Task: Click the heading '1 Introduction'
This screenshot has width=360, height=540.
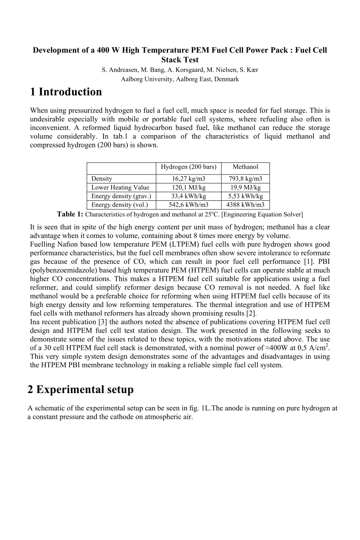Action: tap(64, 92)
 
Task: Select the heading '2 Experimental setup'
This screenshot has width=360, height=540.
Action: tap(80, 390)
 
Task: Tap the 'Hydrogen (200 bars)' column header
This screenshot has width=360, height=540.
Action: tap(188, 167)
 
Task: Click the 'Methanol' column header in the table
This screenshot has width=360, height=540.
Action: tap(245, 167)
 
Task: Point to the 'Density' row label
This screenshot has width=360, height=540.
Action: tap(102, 179)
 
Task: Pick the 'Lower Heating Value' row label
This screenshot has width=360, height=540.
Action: tap(120, 187)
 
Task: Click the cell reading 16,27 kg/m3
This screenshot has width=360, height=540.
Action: tap(188, 179)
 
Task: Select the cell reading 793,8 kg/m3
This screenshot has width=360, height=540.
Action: tap(245, 179)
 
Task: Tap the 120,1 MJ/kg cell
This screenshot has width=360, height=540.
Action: tap(188, 187)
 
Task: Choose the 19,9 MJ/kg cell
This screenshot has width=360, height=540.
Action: tap(245, 187)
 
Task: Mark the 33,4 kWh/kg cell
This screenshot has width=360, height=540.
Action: tap(188, 196)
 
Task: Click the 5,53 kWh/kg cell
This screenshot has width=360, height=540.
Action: tap(245, 196)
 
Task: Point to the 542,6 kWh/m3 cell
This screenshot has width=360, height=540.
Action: tap(188, 205)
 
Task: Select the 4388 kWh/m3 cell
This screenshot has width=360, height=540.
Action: tap(245, 205)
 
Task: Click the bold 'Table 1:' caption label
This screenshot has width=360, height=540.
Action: tap(70, 214)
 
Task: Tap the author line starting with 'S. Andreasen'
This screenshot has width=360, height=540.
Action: tap(180, 70)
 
